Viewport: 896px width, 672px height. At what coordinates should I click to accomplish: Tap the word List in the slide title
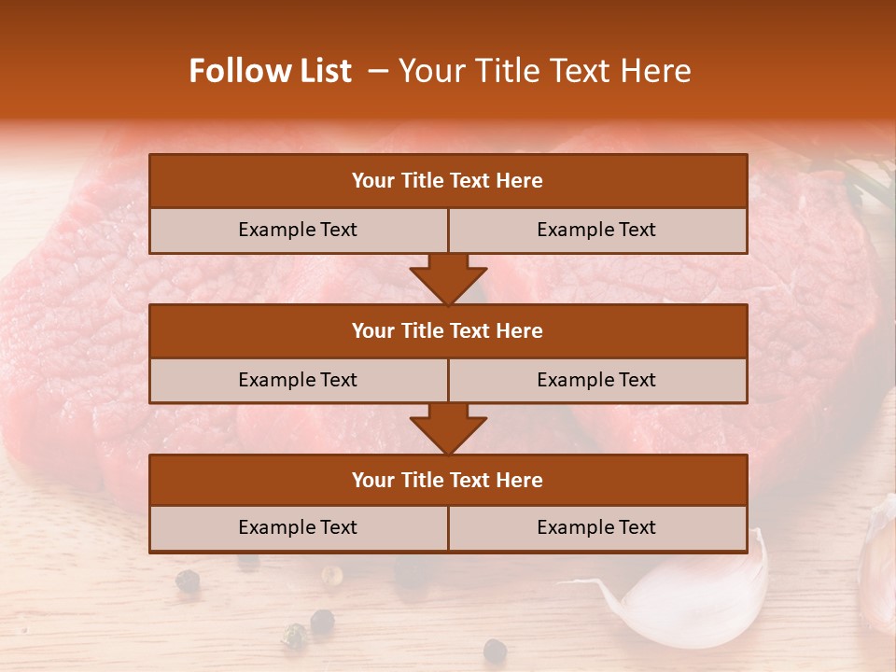pyautogui.click(x=320, y=71)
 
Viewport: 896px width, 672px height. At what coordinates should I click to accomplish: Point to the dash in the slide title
pyautogui.click(x=378, y=71)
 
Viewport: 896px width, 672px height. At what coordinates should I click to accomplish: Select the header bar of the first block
pyautogui.click(x=448, y=181)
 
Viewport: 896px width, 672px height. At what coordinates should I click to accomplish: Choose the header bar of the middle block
pyautogui.click(x=448, y=330)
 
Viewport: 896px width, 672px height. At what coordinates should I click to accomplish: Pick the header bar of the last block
pyautogui.click(x=448, y=480)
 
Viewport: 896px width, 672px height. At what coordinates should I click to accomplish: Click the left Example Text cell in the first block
pyautogui.click(x=298, y=230)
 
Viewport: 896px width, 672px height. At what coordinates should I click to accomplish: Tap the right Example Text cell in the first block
pyautogui.click(x=596, y=230)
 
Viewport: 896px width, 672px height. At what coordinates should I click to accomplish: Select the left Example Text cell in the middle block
pyautogui.click(x=298, y=380)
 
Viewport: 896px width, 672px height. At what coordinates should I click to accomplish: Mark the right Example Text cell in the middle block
pyautogui.click(x=596, y=380)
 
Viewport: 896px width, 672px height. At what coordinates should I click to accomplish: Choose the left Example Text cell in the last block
pyautogui.click(x=298, y=527)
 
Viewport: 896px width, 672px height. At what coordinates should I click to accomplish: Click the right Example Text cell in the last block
pyautogui.click(x=596, y=527)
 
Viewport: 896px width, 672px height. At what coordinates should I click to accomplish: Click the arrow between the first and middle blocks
pyautogui.click(x=448, y=279)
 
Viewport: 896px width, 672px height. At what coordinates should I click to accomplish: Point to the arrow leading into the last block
pyautogui.click(x=448, y=429)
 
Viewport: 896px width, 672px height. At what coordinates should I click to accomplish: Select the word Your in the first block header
pyautogui.click(x=373, y=181)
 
